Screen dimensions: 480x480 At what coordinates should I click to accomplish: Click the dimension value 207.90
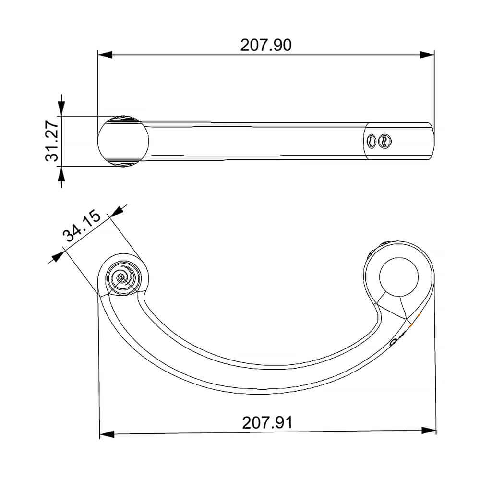coord(265,45)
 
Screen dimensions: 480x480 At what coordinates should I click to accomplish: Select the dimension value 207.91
coord(267,423)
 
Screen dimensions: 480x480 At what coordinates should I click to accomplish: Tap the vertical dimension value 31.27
coord(51,141)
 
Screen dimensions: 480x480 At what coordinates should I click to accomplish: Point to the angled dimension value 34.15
coord(82,227)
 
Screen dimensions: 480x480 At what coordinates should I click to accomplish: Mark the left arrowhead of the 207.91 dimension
coord(107,434)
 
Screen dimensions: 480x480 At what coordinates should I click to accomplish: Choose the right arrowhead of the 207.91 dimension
coord(429,430)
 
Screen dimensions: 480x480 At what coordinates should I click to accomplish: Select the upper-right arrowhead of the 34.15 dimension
coord(118,211)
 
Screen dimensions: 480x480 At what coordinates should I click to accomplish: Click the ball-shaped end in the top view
coord(123,141)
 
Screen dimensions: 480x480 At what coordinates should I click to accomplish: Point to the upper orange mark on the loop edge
coord(420,314)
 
